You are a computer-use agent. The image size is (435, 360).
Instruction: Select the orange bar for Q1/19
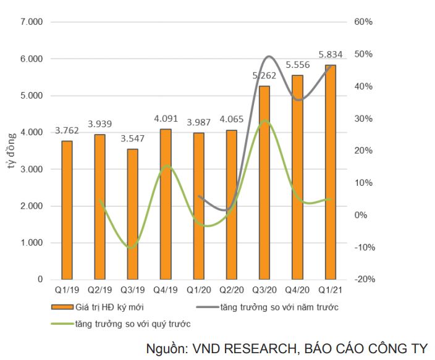67,210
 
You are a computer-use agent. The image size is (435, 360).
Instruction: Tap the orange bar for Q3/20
264,182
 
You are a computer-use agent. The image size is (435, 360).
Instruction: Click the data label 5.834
331,54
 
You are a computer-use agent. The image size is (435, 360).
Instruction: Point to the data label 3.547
133,138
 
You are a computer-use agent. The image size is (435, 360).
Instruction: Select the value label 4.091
166,119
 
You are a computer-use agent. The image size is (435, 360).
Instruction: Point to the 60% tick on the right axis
363,22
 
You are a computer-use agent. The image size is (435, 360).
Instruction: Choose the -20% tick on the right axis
365,280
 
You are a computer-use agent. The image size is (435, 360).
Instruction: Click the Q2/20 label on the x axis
232,290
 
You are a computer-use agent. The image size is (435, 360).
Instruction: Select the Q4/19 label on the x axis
166,290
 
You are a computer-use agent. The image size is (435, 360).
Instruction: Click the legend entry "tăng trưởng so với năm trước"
278,306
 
